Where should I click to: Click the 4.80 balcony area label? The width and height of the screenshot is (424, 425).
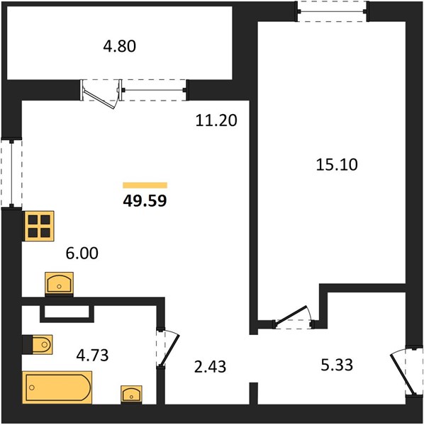119,46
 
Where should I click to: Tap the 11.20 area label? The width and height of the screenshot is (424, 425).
216,120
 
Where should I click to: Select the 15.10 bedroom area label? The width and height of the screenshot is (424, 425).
337,164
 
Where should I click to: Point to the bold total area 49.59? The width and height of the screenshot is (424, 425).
145,201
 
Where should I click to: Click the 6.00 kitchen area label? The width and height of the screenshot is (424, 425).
82,253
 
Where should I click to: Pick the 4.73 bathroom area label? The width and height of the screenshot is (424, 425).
92,355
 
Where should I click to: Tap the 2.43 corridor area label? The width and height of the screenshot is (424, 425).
210,366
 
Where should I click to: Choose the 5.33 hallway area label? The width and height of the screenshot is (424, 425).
337,365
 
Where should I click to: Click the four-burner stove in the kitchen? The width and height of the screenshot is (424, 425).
39,226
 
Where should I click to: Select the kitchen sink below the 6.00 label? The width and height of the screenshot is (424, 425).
59,284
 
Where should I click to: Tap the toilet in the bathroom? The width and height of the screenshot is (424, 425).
38,344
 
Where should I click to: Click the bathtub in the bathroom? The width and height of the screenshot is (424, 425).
57,388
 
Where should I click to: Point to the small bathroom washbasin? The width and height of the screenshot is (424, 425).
131,395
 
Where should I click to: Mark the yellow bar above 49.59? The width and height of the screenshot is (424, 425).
145,185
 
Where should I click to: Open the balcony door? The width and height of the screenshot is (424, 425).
101,94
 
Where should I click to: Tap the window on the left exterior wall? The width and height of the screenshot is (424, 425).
11,174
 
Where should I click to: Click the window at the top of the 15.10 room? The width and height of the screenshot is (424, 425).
332,11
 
